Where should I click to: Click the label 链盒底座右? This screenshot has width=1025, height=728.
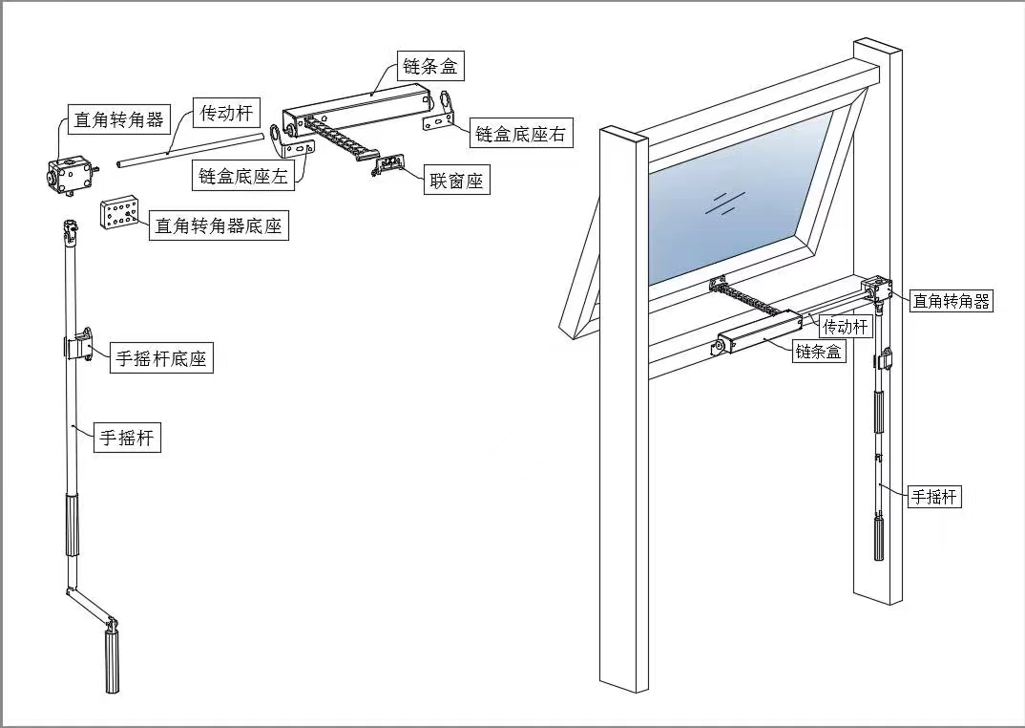(x=520, y=135)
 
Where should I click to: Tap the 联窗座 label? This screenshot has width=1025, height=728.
(x=456, y=181)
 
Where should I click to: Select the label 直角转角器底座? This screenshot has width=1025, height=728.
(x=219, y=226)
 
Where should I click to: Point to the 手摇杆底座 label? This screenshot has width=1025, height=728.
(x=160, y=359)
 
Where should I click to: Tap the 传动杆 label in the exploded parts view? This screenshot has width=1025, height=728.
(x=226, y=114)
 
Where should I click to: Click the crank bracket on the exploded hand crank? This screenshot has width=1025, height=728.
(x=80, y=344)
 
